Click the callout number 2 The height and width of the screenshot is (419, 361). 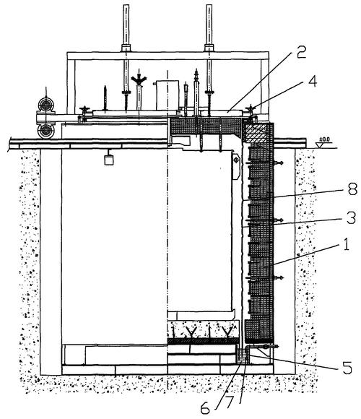pyautogui.click(x=301, y=53)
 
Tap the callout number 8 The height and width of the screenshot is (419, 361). pyautogui.click(x=352, y=189)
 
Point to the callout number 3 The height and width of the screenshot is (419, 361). pyautogui.click(x=351, y=217)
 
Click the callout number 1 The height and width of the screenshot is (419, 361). pyautogui.click(x=346, y=243)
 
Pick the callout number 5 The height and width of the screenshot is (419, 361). pyautogui.click(x=347, y=368)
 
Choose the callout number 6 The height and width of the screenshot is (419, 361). pyautogui.click(x=205, y=409)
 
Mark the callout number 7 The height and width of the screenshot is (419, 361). pyautogui.click(x=229, y=402)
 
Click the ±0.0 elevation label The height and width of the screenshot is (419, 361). pyautogui.click(x=325, y=139)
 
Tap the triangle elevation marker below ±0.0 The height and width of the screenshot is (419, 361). pyautogui.click(x=319, y=144)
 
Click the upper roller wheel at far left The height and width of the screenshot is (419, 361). pyautogui.click(x=46, y=105)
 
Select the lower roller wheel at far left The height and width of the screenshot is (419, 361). pyautogui.click(x=46, y=131)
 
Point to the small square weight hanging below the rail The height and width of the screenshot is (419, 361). pyautogui.click(x=109, y=160)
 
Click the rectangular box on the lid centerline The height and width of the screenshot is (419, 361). pyautogui.click(x=168, y=95)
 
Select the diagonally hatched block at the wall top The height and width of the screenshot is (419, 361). pyautogui.click(x=256, y=134)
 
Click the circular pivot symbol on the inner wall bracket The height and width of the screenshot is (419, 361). pyautogui.click(x=236, y=160)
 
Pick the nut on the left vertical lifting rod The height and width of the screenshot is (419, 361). pyautogui.click(x=126, y=48)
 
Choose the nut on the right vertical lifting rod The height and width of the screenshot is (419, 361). pyautogui.click(x=209, y=48)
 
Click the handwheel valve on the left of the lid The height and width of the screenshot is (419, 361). pyautogui.click(x=84, y=110)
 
